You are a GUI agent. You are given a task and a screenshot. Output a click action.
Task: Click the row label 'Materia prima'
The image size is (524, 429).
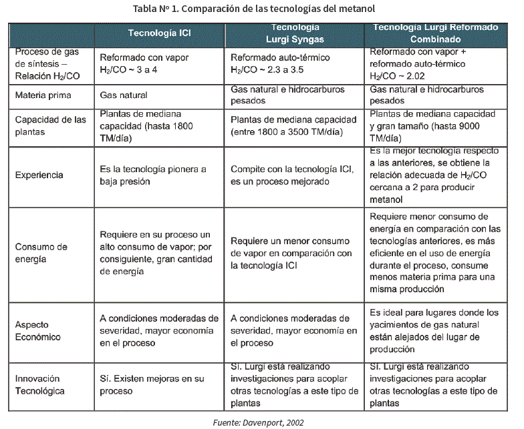[43, 95]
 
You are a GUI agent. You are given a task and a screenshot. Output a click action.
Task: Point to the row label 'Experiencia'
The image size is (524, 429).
[39, 175]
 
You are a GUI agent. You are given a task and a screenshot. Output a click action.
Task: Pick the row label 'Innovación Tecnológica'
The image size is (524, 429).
[42, 385]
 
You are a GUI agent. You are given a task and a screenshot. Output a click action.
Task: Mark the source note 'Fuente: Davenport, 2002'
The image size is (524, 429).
[258, 422]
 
